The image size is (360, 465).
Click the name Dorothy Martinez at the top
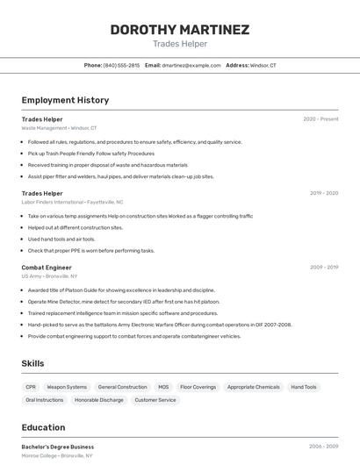[179, 30]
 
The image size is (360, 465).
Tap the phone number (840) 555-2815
[121, 65]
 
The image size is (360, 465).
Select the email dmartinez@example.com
[191, 65]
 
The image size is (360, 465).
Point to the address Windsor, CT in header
[263, 65]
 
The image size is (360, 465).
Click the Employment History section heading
[65, 100]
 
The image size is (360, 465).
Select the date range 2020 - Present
[320, 119]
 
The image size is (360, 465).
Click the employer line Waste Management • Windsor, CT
[59, 128]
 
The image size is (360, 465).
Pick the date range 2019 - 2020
[324, 193]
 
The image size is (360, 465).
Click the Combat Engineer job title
[47, 267]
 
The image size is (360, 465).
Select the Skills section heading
[32, 363]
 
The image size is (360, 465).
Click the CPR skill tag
[31, 387]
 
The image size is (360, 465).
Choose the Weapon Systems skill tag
[67, 387]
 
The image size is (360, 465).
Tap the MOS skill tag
[163, 387]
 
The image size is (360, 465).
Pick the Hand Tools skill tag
[304, 387]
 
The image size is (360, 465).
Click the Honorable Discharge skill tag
[99, 400]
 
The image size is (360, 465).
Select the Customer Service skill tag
[155, 400]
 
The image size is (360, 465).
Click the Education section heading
[43, 427]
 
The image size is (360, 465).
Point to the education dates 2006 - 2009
[323, 447]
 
